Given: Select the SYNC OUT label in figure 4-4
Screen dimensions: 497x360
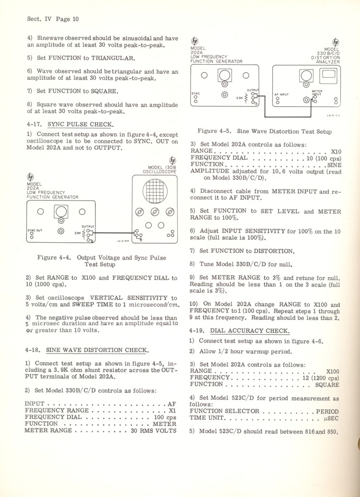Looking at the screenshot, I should pos(34,230).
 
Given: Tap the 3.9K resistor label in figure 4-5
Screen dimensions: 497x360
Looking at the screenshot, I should pos(239,98).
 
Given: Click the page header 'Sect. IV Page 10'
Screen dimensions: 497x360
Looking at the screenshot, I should pos(53,19).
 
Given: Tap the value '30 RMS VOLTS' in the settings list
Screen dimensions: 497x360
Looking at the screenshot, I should pos(153,430).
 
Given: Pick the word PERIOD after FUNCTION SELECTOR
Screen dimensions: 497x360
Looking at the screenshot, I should pos(327,411).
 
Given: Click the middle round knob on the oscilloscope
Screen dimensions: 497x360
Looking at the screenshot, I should pos(155,213).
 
